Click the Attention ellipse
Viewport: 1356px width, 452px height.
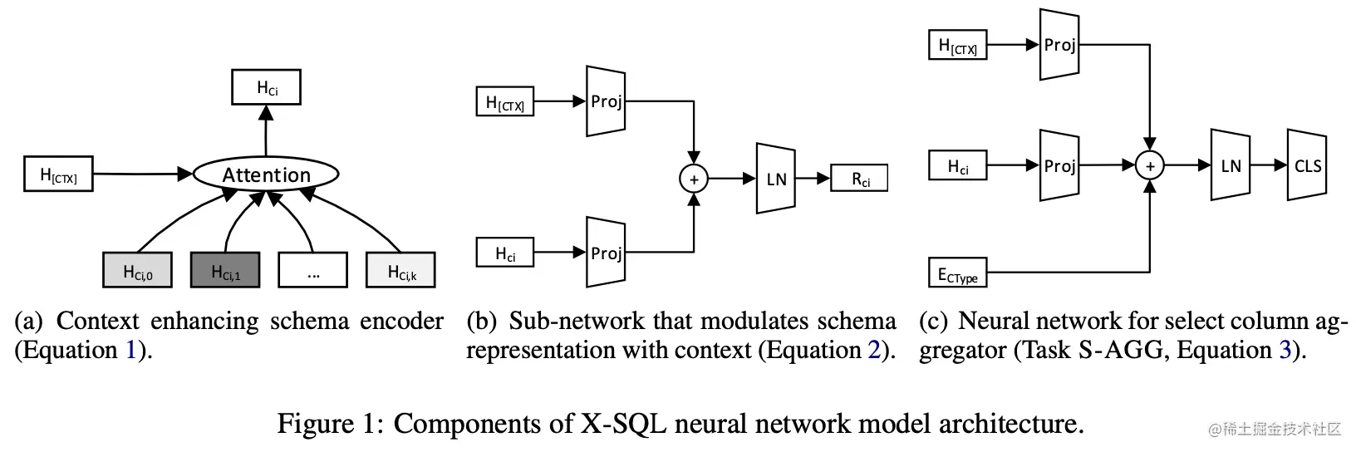click(266, 174)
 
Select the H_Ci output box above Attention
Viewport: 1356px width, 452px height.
click(266, 87)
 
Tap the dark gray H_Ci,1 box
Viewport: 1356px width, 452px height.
click(225, 271)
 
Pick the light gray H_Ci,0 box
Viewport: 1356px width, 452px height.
click(137, 271)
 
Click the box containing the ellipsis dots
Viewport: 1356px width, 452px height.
click(312, 271)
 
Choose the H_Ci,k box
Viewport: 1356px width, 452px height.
click(401, 271)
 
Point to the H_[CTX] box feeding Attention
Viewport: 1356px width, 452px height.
click(58, 174)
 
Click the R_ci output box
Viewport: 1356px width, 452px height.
click(859, 179)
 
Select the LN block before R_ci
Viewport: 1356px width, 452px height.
click(776, 179)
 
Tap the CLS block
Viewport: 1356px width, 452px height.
click(1306, 165)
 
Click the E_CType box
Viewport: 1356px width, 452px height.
click(957, 273)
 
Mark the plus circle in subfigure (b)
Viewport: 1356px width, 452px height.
click(693, 179)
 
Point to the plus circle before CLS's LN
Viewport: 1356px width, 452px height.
click(1150, 166)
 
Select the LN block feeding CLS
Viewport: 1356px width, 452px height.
click(1231, 165)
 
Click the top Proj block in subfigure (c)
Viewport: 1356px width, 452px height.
click(1059, 45)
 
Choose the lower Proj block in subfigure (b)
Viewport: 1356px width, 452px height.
click(606, 253)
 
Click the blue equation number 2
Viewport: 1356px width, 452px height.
click(874, 351)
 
